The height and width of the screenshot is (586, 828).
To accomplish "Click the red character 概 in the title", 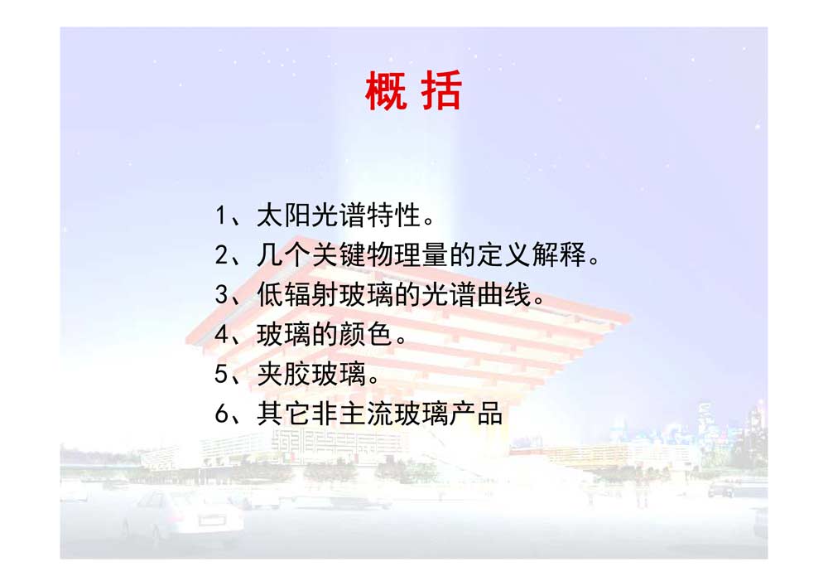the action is [x=386, y=91].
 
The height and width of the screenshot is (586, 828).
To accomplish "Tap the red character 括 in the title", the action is [x=441, y=91].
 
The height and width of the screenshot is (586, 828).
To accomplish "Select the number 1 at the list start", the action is [x=221, y=216].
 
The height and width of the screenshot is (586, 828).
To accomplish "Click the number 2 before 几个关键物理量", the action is [x=222, y=254].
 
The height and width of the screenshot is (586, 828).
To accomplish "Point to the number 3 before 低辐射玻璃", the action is [x=222, y=294].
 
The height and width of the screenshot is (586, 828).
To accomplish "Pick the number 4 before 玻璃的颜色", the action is [x=222, y=334].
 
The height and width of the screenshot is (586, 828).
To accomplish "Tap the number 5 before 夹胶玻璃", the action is [x=222, y=374].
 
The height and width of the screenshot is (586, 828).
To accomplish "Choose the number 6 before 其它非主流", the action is [x=222, y=414].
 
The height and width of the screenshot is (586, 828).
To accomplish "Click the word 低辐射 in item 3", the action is [x=297, y=294].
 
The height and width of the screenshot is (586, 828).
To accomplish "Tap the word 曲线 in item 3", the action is [x=504, y=294].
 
